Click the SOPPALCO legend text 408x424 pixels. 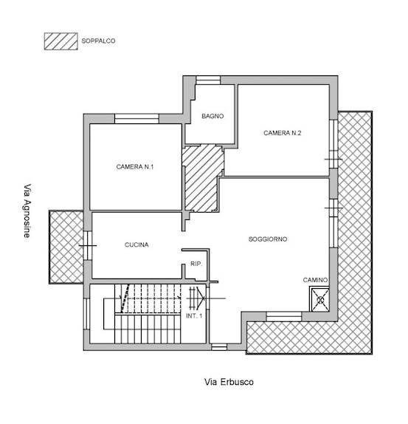pos(98,41)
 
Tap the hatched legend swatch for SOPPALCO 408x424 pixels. pos(61,41)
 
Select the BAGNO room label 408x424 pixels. pos(212,116)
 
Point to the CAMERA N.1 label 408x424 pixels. pos(135,167)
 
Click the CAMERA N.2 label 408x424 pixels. pos(282,133)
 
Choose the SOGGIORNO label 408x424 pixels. pos(268,239)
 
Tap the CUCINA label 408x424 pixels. pos(136,245)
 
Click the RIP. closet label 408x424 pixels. pos(196,264)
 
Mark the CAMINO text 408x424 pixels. pos(315,280)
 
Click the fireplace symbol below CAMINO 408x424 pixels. pos(320,300)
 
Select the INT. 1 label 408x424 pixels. pos(194,316)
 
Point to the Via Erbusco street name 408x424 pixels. pos(229,382)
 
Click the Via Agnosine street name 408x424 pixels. pos(27,211)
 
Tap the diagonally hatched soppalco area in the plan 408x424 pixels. pos(201,178)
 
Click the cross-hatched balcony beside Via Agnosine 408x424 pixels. pos(66,247)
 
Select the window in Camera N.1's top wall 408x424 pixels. pos(136,119)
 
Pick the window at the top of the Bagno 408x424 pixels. pos(208,81)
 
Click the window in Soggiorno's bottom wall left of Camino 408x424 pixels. pos(284,316)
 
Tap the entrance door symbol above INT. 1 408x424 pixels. pos(196,298)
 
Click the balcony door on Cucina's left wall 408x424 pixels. pos(88,245)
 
